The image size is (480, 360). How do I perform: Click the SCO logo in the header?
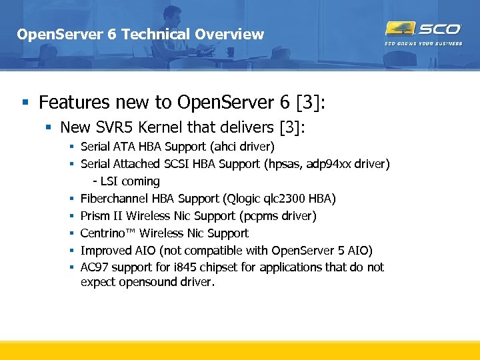pos(423,29)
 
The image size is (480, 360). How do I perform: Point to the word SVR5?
pos(126,127)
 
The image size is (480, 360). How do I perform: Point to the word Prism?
pos(94,216)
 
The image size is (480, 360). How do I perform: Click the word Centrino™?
pos(109,233)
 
